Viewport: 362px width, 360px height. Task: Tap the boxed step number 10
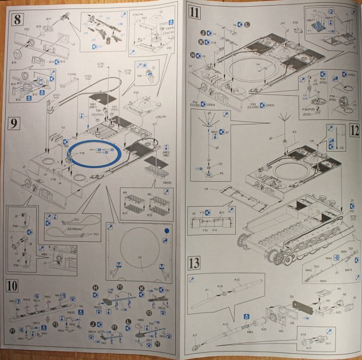16,284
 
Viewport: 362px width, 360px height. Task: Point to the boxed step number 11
195,13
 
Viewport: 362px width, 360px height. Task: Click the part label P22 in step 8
27,29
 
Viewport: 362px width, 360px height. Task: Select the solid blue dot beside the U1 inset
167,230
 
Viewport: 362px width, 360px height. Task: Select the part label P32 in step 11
295,23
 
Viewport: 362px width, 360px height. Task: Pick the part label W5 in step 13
279,340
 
